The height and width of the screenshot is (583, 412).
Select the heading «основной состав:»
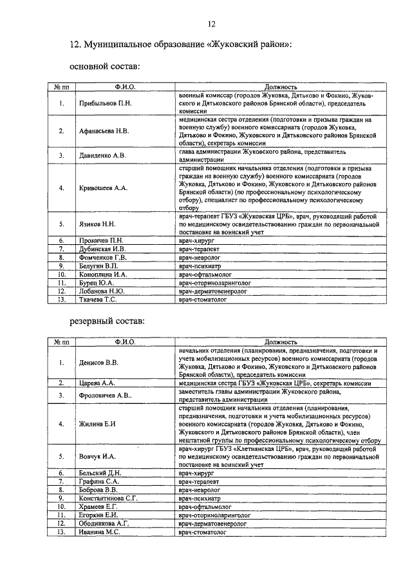point(103,67)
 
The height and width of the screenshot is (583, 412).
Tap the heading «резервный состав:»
point(107,320)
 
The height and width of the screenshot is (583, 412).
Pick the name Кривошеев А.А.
point(103,187)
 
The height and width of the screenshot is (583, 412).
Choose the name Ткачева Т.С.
point(98,300)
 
